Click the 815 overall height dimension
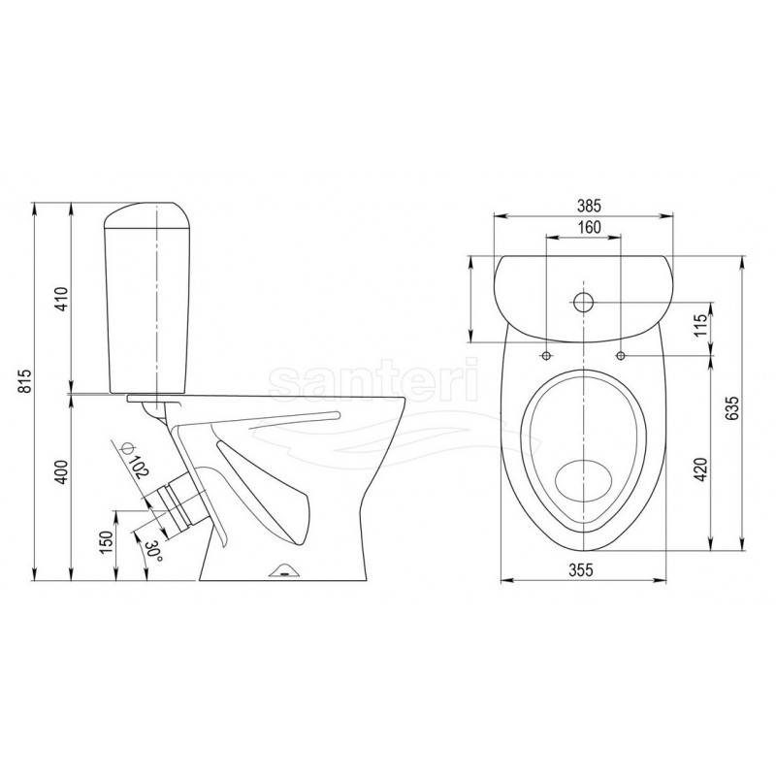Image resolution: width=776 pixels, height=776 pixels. point(26,381)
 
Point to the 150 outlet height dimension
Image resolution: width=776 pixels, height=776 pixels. point(107,543)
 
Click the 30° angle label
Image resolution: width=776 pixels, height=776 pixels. point(153,551)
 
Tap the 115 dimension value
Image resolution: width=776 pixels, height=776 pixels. point(700,325)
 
